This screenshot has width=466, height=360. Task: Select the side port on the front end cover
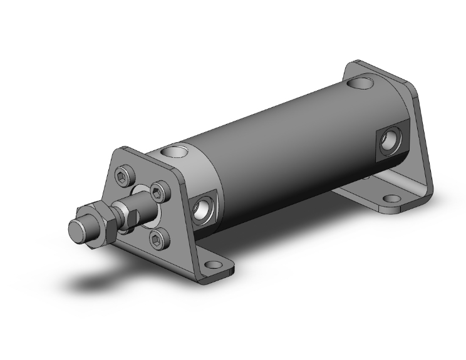click(204, 210)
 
